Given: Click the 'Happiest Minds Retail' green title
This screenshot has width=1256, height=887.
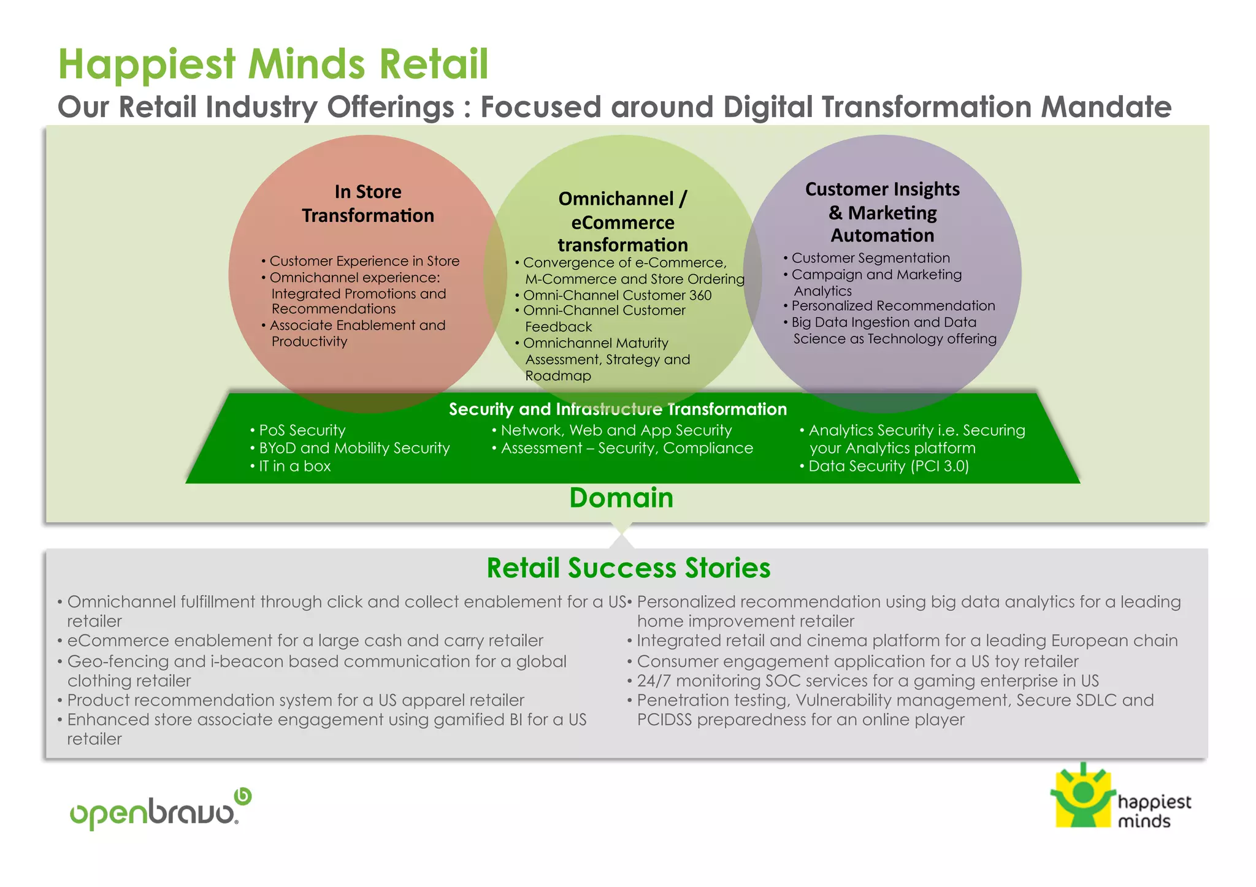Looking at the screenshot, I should pos(273,64).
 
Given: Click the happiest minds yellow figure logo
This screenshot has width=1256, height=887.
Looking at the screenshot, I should pos(1083,796).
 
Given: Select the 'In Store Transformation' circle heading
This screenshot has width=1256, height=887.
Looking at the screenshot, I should pos(368,204).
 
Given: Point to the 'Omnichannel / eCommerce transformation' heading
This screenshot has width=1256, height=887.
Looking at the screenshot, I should pos(622,221).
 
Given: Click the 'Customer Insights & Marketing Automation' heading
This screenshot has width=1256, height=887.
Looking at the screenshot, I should pos(882,212).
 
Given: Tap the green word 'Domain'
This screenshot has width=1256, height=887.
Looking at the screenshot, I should pos(621,498).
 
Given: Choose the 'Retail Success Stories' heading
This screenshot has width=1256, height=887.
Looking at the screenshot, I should pos(628,568).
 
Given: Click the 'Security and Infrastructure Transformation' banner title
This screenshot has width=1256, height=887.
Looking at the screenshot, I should pos(618,409).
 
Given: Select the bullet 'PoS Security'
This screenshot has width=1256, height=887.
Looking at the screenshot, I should pos(302,430).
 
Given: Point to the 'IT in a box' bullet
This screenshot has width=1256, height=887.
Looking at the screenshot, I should pos(294,466).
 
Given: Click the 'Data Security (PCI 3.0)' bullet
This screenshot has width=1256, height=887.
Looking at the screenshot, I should pos(888,466).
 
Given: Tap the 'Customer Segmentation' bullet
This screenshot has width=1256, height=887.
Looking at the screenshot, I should pos(870,258).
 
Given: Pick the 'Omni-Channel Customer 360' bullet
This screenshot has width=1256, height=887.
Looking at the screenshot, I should pos(617,295).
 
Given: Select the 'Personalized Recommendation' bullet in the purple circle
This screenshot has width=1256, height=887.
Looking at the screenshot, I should pos(893,306).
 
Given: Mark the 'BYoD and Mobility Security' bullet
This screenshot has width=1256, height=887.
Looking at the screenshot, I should pos(354,448).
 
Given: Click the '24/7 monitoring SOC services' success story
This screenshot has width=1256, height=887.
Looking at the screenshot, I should pos(867,681).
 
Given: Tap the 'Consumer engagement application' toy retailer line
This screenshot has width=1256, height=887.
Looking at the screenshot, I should pos(857,661).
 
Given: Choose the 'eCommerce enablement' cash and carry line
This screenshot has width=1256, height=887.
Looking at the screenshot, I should pos(305,641).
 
